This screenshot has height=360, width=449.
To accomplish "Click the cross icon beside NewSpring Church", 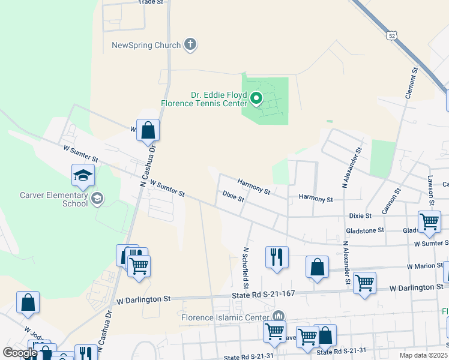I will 190,44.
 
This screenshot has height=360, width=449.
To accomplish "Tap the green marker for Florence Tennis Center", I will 256,98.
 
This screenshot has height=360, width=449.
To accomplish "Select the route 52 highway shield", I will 391,36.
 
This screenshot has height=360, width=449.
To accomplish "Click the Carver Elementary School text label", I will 54,199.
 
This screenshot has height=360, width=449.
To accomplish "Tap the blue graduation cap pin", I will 83,176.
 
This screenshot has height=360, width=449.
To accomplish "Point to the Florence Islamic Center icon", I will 277,316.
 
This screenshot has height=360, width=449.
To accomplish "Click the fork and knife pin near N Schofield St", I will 277,257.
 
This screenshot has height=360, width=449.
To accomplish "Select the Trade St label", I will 151,2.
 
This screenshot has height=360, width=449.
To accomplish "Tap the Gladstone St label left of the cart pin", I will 364,230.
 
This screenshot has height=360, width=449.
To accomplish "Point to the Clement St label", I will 411,83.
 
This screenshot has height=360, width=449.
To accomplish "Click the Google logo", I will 20,353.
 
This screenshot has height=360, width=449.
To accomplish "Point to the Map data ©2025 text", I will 423,355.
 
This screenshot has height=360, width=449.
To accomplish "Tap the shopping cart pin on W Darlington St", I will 364,283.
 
